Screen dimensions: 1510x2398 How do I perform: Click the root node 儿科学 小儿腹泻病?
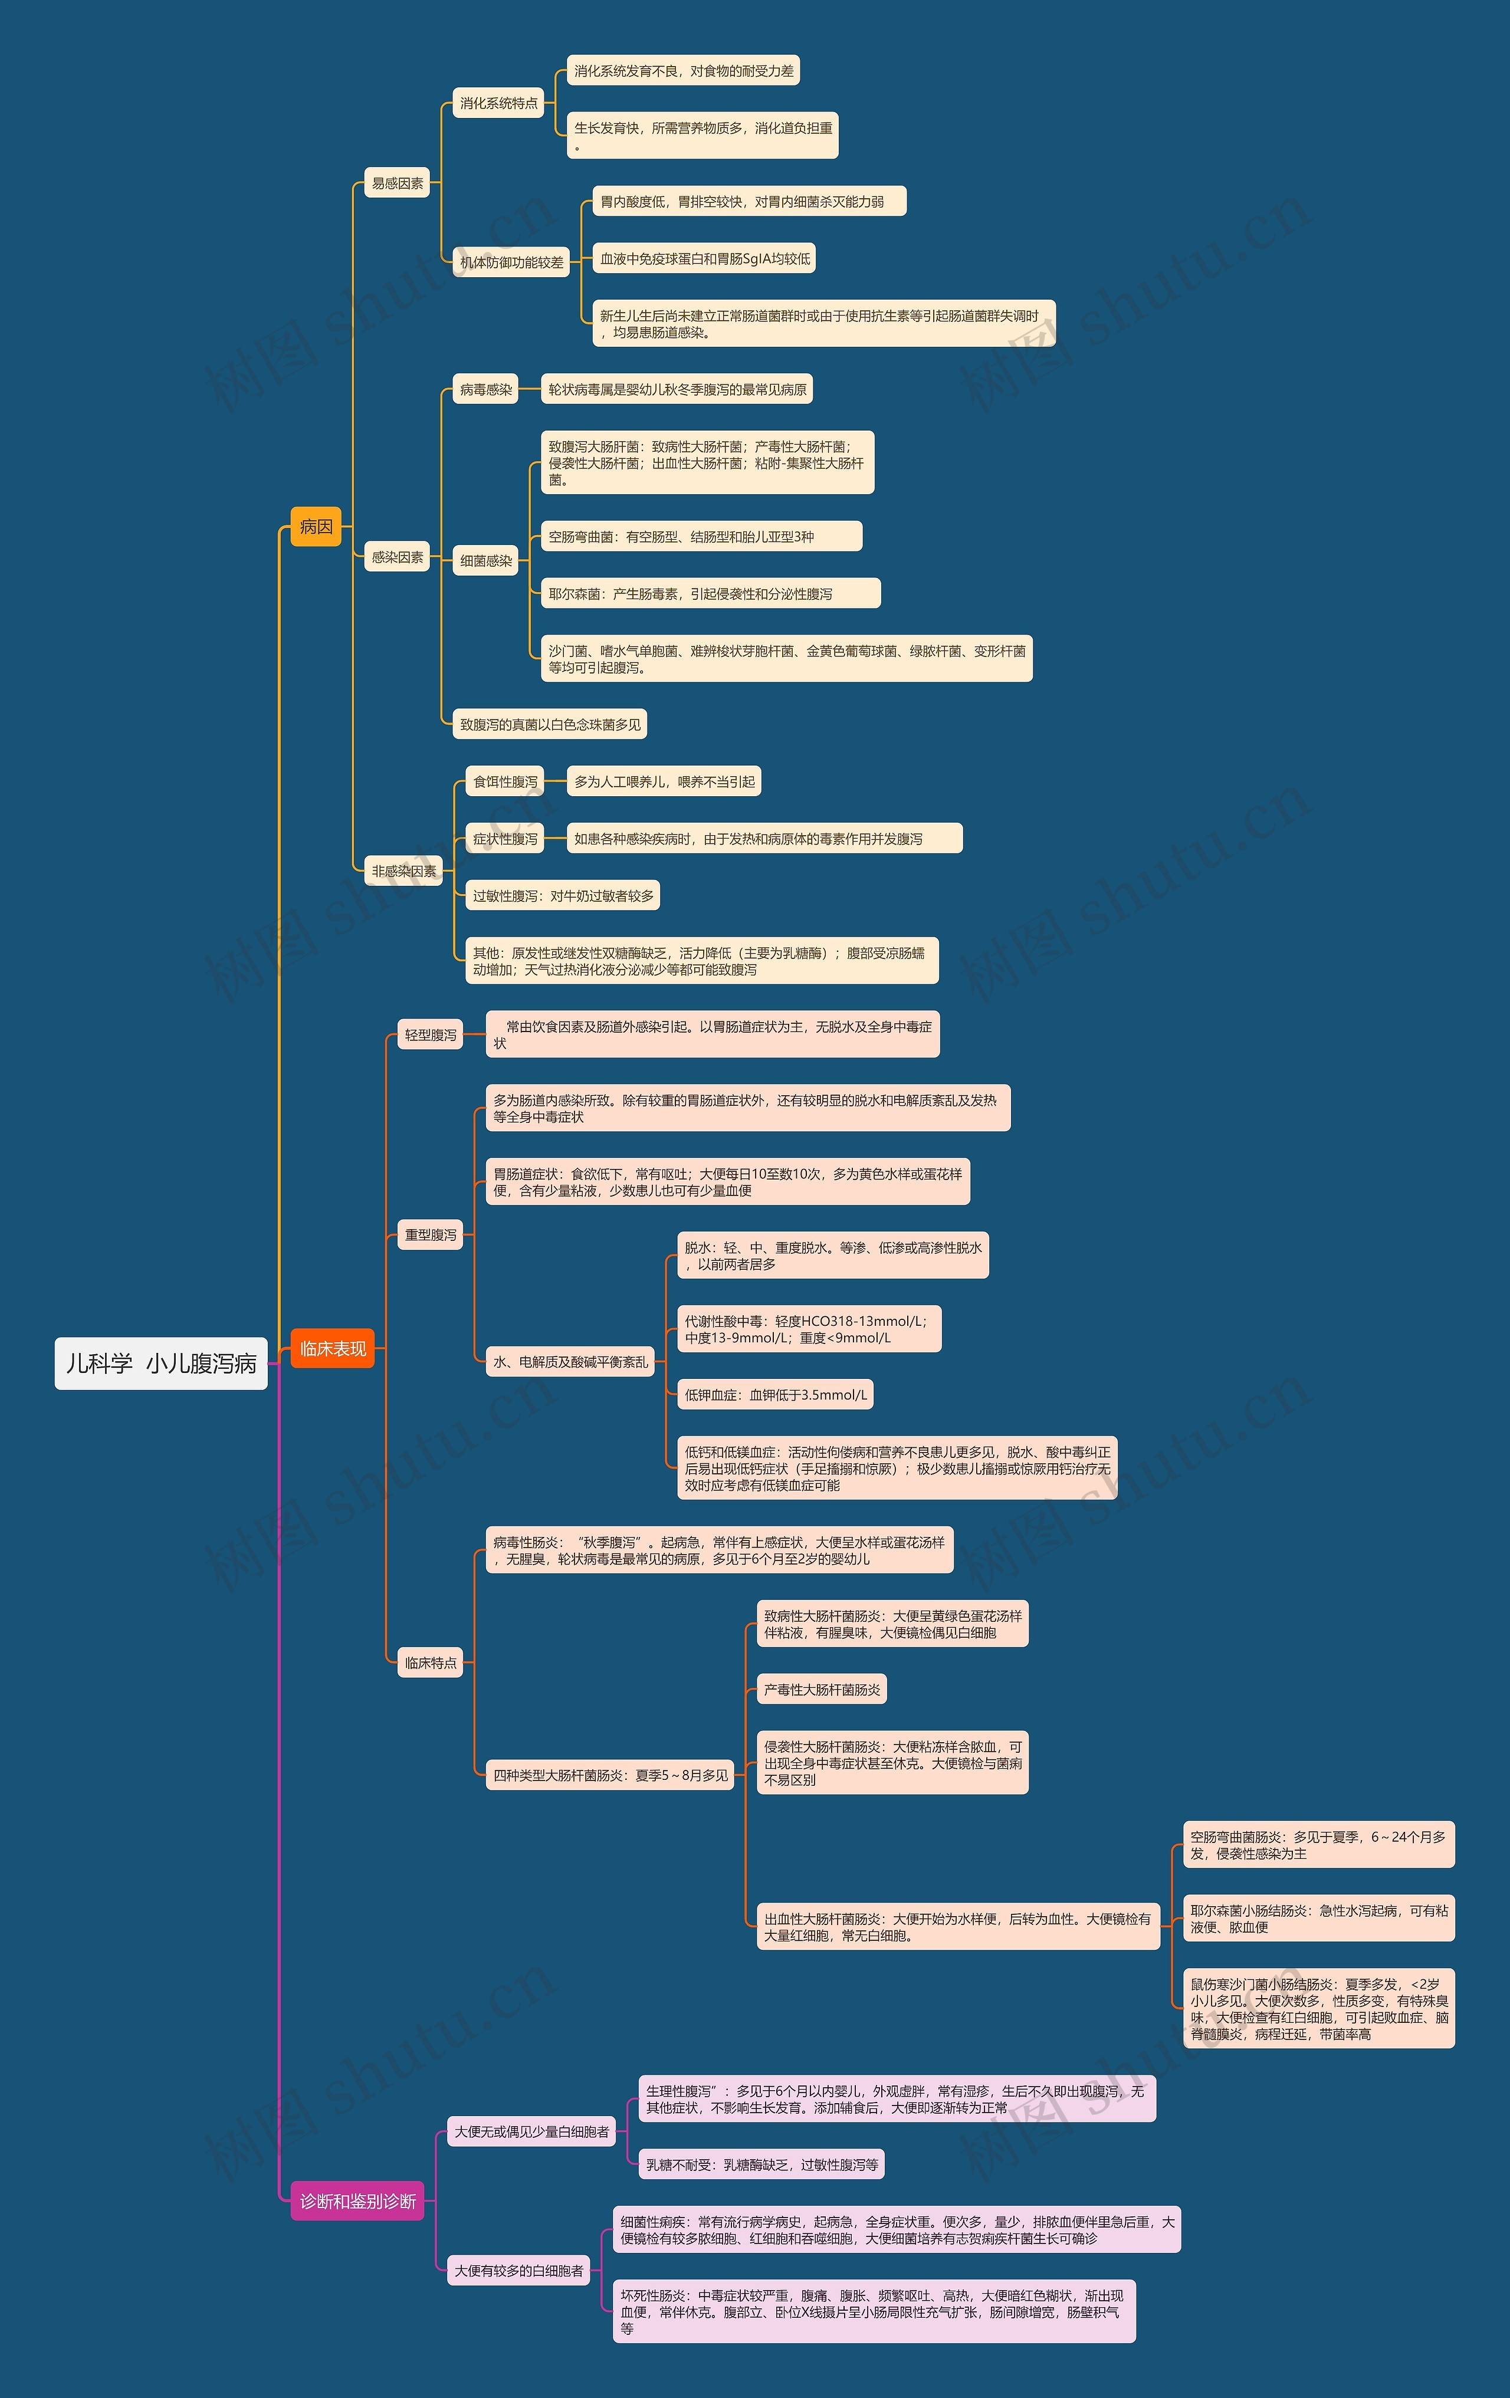point(162,1364)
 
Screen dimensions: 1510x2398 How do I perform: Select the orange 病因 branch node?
point(316,527)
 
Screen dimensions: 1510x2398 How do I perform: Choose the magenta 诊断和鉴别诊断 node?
point(357,2201)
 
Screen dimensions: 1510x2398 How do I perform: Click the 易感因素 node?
point(398,183)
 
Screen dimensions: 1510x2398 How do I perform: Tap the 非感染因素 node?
point(403,871)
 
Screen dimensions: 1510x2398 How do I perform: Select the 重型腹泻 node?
point(430,1235)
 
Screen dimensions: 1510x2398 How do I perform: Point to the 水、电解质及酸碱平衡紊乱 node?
point(570,1361)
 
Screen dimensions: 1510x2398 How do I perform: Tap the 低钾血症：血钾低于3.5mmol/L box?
point(775,1394)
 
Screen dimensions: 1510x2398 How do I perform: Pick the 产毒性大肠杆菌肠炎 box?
point(822,1689)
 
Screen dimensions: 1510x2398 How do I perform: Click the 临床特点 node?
point(430,1662)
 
